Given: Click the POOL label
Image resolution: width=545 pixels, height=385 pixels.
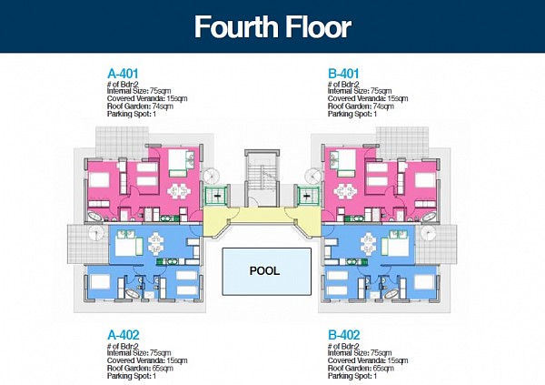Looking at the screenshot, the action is (x=264, y=270).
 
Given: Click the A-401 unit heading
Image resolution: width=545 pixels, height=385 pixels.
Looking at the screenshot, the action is (x=123, y=74).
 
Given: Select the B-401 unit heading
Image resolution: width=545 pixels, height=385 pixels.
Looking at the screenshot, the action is (x=343, y=74).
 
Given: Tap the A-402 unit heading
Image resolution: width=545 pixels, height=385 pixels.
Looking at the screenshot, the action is (x=124, y=335).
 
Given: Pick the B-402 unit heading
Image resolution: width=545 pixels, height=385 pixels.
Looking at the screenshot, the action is (x=344, y=335).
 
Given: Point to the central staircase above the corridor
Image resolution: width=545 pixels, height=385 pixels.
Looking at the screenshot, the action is (x=263, y=177).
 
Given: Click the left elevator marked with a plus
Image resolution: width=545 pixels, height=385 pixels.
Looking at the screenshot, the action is (x=217, y=196).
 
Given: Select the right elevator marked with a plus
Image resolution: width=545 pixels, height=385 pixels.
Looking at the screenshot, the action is (x=306, y=196).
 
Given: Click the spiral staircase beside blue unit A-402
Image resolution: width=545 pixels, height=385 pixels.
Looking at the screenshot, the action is (x=95, y=233).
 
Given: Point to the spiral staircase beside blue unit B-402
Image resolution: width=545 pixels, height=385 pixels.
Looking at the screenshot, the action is (x=428, y=233).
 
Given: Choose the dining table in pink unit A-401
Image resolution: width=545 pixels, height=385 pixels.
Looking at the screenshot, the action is (x=179, y=190).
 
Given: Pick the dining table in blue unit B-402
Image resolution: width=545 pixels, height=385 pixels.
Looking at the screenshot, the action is (x=369, y=242).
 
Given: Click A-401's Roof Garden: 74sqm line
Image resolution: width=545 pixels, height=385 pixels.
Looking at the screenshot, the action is (x=140, y=106).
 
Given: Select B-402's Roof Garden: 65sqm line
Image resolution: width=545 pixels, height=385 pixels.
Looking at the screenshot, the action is (x=361, y=369).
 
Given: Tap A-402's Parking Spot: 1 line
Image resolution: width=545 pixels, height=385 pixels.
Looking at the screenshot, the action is (x=132, y=376).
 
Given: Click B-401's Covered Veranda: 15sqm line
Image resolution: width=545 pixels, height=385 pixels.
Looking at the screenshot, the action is (x=368, y=98).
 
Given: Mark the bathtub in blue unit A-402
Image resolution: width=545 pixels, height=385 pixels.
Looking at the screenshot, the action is (x=133, y=294).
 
